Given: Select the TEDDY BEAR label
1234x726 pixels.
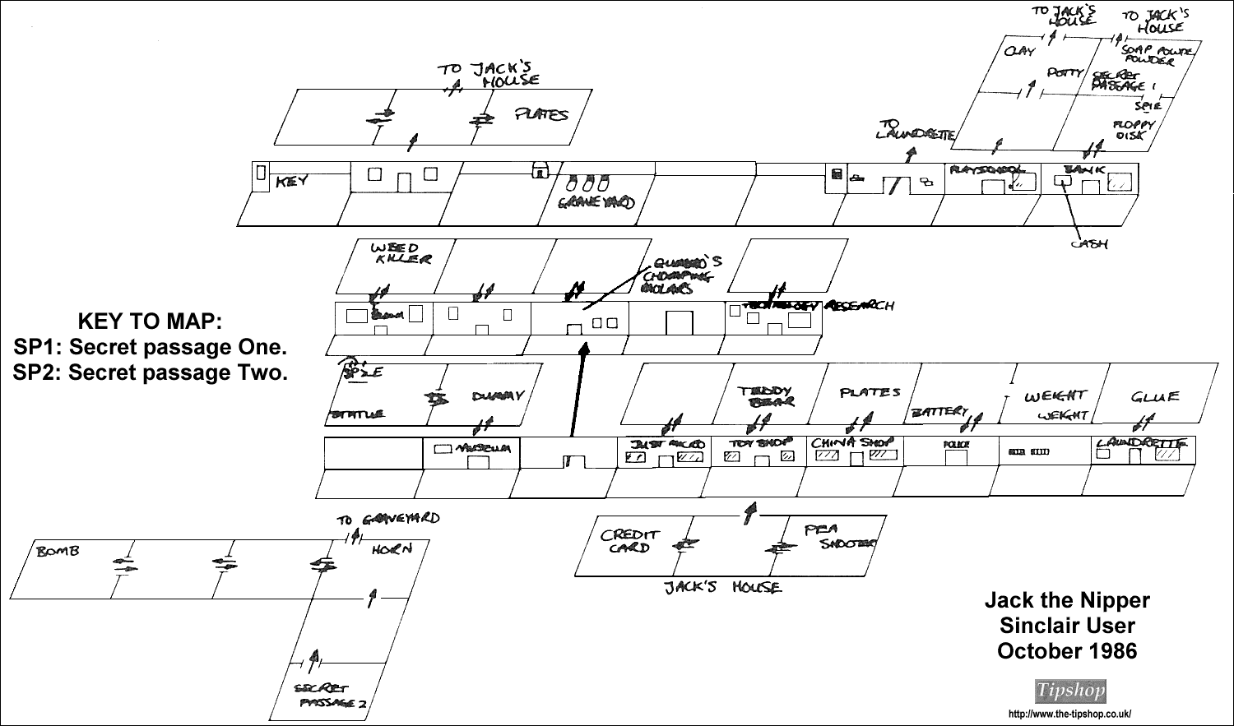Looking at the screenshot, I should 766,395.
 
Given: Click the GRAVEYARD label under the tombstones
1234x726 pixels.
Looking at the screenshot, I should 596,203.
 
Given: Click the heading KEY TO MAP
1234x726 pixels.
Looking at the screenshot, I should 149,319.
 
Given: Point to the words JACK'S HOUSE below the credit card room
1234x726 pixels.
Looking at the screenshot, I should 724,587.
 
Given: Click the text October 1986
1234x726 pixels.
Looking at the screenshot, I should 1067,651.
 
